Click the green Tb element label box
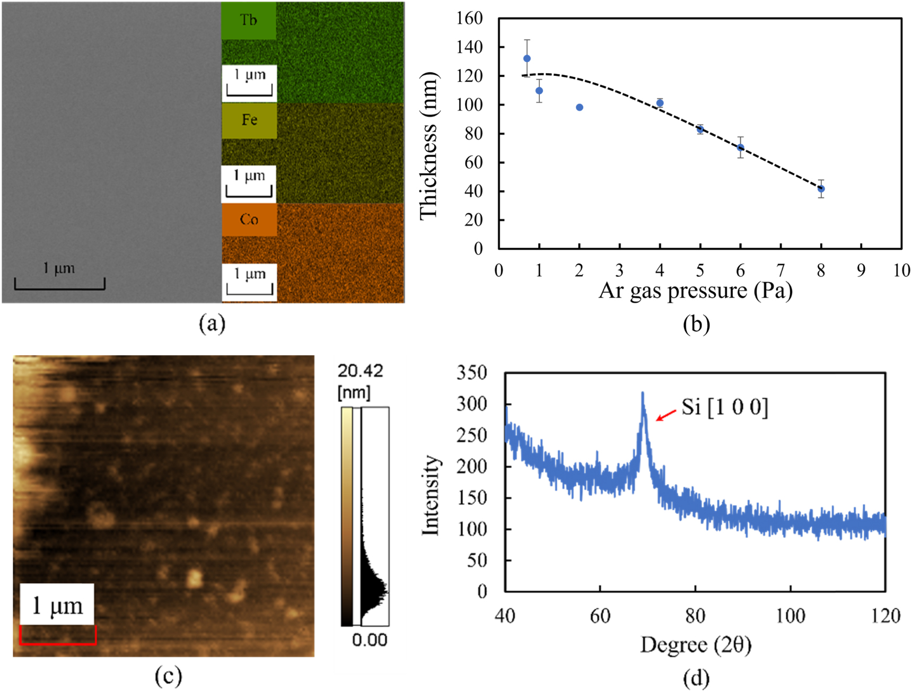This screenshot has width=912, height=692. tap(249, 21)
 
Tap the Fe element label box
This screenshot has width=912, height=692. tap(249, 120)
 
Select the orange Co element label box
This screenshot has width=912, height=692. tap(249, 220)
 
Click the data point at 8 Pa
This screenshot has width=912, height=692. tap(821, 189)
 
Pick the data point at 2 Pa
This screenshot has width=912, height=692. tap(580, 108)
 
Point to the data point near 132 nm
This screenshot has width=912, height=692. tap(527, 59)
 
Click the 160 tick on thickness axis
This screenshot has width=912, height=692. tap(470, 19)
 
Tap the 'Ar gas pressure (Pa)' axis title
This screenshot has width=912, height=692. tap(696, 291)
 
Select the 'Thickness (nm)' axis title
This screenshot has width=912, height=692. tap(428, 145)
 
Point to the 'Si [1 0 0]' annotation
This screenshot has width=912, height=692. tap(724, 407)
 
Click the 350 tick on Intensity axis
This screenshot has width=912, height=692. tap(471, 373)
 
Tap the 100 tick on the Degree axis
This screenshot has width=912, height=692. tap(790, 616)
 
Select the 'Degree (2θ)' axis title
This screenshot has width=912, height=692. tap(696, 645)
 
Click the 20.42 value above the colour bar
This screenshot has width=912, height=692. tap(360, 371)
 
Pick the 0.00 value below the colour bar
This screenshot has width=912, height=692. tap(369, 640)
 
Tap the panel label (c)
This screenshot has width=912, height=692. tap(168, 676)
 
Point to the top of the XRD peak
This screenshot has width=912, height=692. tap(643, 393)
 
